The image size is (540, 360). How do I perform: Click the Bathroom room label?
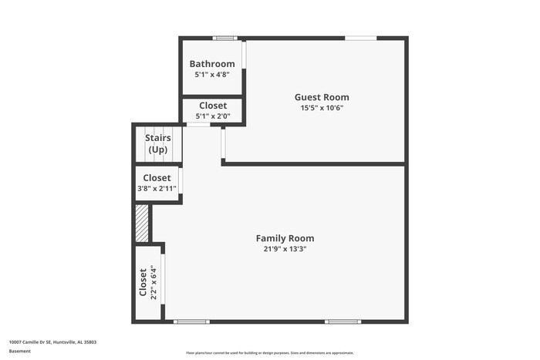coord(212,64)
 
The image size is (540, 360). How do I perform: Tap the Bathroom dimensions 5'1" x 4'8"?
coord(212,75)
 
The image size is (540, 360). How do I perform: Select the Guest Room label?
coord(322,97)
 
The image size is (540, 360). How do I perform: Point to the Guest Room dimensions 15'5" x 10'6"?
coord(322,108)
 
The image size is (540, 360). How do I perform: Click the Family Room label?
coord(285,238)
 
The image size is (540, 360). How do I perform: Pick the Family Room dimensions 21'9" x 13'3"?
coord(285,249)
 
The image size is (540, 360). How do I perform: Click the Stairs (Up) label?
coord(158,143)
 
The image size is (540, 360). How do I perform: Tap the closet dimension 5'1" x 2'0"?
coord(213,116)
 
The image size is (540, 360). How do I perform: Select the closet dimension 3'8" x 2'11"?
coord(157,188)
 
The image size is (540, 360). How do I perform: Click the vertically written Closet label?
coord(143,282)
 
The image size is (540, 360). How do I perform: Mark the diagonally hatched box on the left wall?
coord(142,223)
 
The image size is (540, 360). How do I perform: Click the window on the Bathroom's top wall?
coord(225,38)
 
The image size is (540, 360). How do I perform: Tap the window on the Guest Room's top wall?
coord(360,38)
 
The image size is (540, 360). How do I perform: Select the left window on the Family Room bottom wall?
coord(191,321)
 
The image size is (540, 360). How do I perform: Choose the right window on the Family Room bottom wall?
coord(343,321)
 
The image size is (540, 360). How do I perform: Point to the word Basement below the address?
coord(20,351)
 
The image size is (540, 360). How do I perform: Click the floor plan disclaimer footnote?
coord(269,351)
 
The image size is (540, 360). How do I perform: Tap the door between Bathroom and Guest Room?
coord(244,55)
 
